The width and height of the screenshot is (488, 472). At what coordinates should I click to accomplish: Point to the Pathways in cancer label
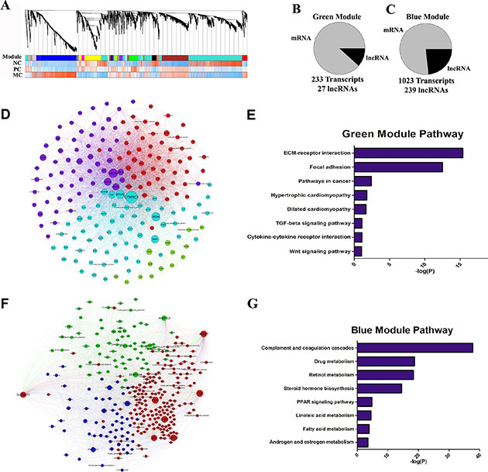pyautogui.click(x=323, y=181)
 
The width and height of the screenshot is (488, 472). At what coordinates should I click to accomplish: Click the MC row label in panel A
pyautogui.click(x=11, y=75)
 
